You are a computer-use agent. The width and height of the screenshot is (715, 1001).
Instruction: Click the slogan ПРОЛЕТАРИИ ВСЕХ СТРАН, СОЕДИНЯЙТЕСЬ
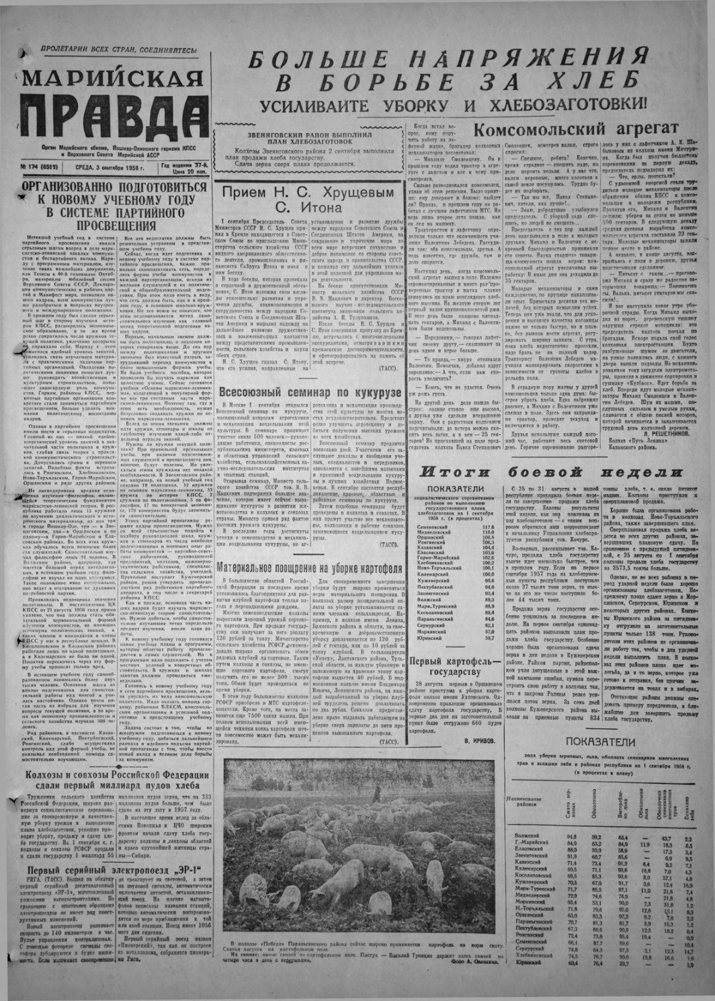pyautogui.click(x=118, y=50)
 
